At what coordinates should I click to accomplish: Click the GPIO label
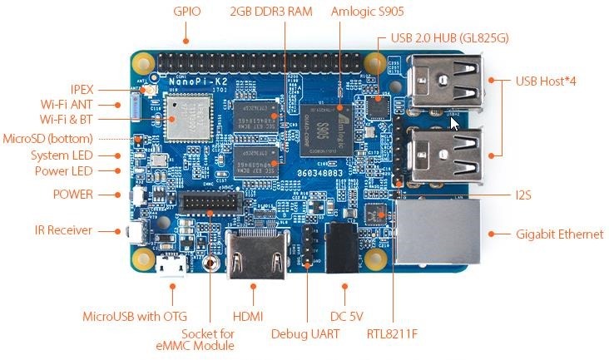click(x=186, y=13)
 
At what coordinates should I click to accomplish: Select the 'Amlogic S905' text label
click(x=366, y=13)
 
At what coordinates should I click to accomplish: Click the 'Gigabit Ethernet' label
click(x=560, y=234)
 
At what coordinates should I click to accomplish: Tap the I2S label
click(x=523, y=195)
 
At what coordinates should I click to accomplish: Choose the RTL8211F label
click(x=392, y=334)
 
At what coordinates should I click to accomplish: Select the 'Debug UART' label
click(x=306, y=334)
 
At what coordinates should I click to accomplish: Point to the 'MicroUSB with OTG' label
click(x=135, y=316)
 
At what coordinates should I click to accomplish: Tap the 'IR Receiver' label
click(x=63, y=230)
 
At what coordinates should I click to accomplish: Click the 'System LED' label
click(x=62, y=155)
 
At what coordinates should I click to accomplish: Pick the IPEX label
click(x=82, y=89)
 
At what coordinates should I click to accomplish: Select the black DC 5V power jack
click(x=344, y=246)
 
